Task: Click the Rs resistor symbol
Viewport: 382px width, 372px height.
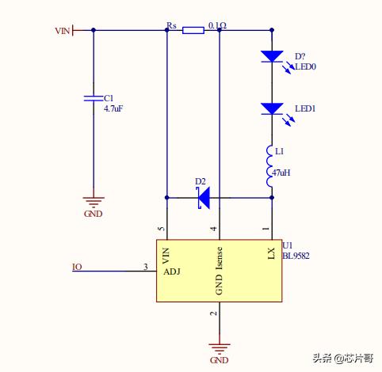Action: (x=193, y=30)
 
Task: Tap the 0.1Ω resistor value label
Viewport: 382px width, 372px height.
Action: (x=217, y=25)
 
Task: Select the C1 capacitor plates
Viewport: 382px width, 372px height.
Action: (x=93, y=98)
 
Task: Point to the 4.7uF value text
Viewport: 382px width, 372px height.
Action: (x=113, y=108)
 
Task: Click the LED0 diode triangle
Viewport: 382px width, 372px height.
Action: (x=272, y=56)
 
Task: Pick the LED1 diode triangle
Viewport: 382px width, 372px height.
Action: (x=272, y=108)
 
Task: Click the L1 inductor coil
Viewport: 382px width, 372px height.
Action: (x=269, y=166)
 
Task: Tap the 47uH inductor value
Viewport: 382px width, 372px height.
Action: (x=281, y=173)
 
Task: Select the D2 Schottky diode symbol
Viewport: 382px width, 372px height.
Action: (x=204, y=198)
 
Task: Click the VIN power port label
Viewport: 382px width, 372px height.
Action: (x=63, y=31)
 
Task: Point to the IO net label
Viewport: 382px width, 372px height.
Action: (x=77, y=267)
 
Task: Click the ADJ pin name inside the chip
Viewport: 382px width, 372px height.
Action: (x=172, y=271)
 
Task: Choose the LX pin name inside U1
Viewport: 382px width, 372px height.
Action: (x=272, y=253)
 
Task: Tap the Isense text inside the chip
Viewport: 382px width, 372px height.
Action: (x=220, y=259)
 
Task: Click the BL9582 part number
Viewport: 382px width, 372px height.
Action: (x=296, y=256)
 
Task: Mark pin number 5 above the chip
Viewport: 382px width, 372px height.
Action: (x=162, y=229)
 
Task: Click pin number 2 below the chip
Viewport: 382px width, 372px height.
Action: (x=214, y=313)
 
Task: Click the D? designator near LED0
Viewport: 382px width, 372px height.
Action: (x=300, y=56)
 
